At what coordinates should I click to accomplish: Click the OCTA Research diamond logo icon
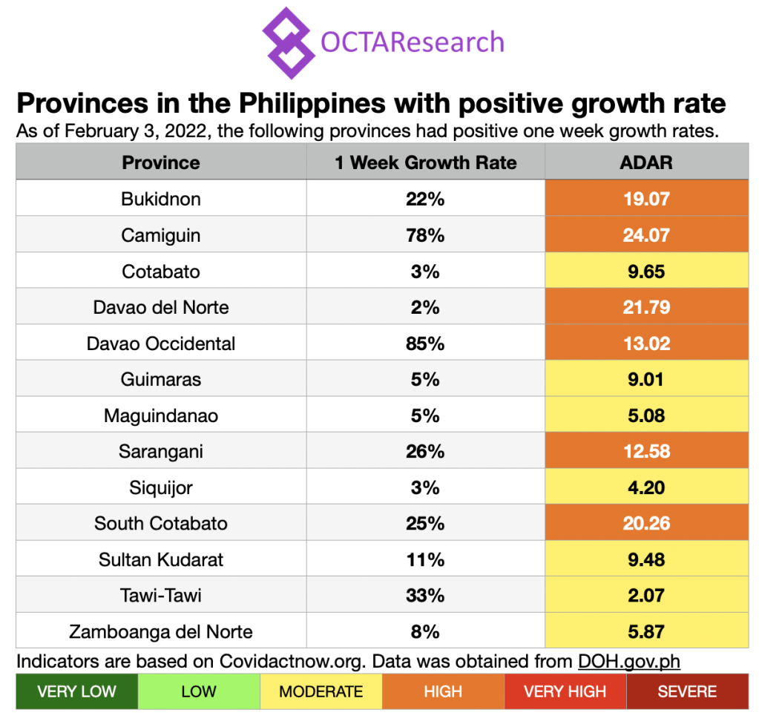[289, 42]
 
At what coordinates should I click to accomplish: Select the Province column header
[161, 162]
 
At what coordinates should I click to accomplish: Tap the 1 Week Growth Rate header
[425, 162]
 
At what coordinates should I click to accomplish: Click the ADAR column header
[646, 162]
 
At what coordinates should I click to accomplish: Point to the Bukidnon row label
[161, 199]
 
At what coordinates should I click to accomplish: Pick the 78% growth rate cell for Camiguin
[425, 235]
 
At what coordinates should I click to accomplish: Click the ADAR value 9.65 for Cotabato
[646, 271]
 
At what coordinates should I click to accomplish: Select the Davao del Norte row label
[161, 307]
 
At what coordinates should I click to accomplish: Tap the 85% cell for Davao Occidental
[425, 343]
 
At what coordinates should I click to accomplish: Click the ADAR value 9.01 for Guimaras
[646, 380]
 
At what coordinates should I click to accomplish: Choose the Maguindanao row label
[161, 415]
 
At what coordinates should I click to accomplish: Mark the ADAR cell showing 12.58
[646, 452]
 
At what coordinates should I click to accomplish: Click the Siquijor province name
[161, 487]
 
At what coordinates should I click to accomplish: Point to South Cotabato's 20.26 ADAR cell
[646, 524]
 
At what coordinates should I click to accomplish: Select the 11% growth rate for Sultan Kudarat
[425, 559]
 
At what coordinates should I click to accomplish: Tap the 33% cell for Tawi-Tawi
[425, 596]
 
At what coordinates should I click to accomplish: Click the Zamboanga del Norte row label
[161, 632]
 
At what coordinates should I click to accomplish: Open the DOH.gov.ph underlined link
[629, 661]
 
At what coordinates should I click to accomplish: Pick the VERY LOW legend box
[76, 692]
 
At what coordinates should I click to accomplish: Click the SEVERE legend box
[687, 692]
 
